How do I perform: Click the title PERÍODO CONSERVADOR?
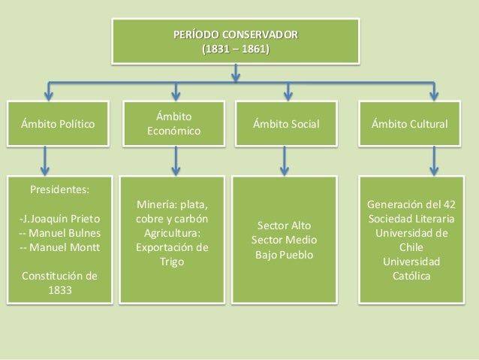(236, 35)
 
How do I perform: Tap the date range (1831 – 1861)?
(236, 50)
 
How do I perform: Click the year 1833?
(58, 290)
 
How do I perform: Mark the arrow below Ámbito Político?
(47, 159)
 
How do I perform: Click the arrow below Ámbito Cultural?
(433, 159)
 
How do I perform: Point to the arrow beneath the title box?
(236, 71)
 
